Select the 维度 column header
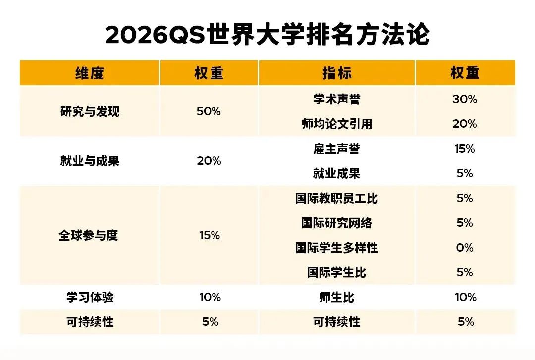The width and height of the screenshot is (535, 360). tap(90, 73)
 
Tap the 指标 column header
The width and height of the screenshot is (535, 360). tap(337, 73)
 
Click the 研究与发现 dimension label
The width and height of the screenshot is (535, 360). tap(90, 111)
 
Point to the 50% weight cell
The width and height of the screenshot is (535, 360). tap(209, 111)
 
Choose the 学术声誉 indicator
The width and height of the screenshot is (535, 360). tap(337, 99)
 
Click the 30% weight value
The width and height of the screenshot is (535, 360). tap(465, 99)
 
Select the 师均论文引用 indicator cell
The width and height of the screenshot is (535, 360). tap(337, 124)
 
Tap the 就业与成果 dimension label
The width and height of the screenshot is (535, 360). tap(90, 161)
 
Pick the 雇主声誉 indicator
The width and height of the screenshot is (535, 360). tap(337, 149)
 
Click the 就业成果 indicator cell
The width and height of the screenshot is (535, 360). tap(337, 173)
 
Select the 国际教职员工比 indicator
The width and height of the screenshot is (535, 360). tap(337, 198)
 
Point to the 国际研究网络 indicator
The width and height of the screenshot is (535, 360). tap(337, 223)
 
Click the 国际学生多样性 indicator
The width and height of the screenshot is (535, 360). tap(337, 248)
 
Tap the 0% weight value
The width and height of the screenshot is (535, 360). tap(465, 248)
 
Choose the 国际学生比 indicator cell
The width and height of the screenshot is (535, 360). tap(337, 272)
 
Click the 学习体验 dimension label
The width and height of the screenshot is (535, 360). tap(90, 297)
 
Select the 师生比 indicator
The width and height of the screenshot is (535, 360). tap(337, 297)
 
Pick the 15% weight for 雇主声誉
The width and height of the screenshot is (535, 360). tap(465, 149)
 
